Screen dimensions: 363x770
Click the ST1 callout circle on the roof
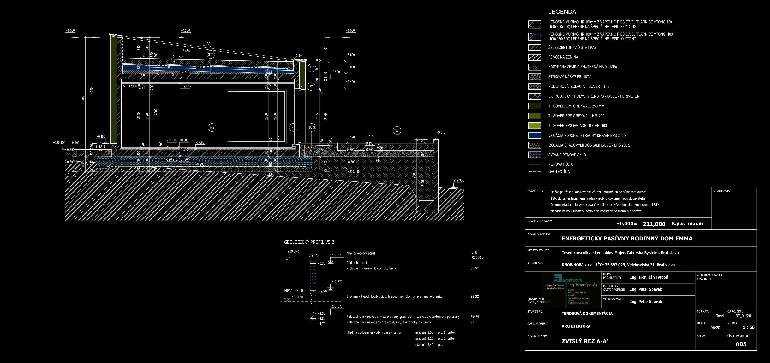[211, 55]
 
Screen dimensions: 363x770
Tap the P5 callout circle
[212, 127]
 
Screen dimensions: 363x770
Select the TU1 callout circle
[397, 131]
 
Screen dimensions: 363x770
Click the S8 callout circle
[100, 147]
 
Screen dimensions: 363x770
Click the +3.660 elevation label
[185, 51]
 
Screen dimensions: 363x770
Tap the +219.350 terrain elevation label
[458, 181]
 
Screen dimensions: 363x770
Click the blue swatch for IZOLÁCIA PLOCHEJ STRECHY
[535, 135]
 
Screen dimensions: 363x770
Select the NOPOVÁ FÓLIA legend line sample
[535, 164]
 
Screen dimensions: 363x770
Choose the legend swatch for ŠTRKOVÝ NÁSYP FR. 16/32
[535, 77]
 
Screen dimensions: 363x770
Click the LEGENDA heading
[563, 12]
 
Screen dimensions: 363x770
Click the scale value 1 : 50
[748, 327]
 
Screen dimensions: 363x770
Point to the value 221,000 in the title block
[654, 224]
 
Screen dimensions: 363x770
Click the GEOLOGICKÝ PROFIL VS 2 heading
[309, 242]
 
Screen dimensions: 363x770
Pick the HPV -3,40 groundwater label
[294, 291]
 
